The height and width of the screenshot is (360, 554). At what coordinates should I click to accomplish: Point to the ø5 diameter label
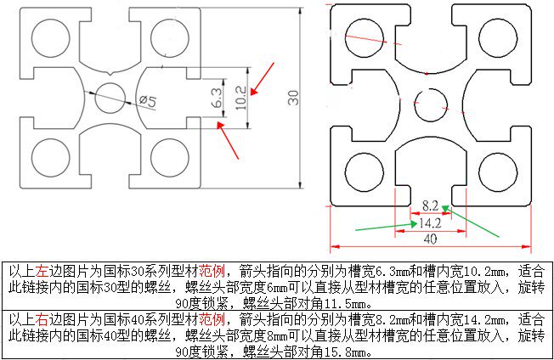[x=147, y=102]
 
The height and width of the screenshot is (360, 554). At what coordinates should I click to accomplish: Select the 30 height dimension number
[x=294, y=98]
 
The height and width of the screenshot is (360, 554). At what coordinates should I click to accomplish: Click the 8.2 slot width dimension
[x=431, y=205]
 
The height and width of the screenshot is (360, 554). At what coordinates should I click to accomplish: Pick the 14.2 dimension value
[x=429, y=223]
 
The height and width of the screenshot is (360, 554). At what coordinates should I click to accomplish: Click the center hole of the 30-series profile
[x=110, y=98]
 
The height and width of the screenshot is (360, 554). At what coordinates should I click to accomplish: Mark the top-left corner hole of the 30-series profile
[x=48, y=35]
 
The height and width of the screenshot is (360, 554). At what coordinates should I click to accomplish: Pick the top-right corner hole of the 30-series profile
[x=169, y=36]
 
